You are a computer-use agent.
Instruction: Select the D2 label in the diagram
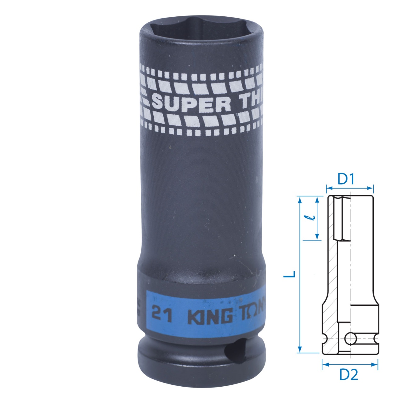pyautogui.click(x=349, y=374)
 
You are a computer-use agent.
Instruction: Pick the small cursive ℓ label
pyautogui.click(x=311, y=218)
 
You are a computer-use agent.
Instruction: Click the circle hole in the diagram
pyautogui.click(x=350, y=339)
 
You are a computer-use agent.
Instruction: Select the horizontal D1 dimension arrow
pyautogui.click(x=349, y=189)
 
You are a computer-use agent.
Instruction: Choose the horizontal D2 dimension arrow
pyautogui.click(x=349, y=365)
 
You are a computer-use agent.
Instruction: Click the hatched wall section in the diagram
pyautogui.click(x=331, y=268)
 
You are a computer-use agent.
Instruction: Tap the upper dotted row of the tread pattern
pyautogui.click(x=201, y=68)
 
